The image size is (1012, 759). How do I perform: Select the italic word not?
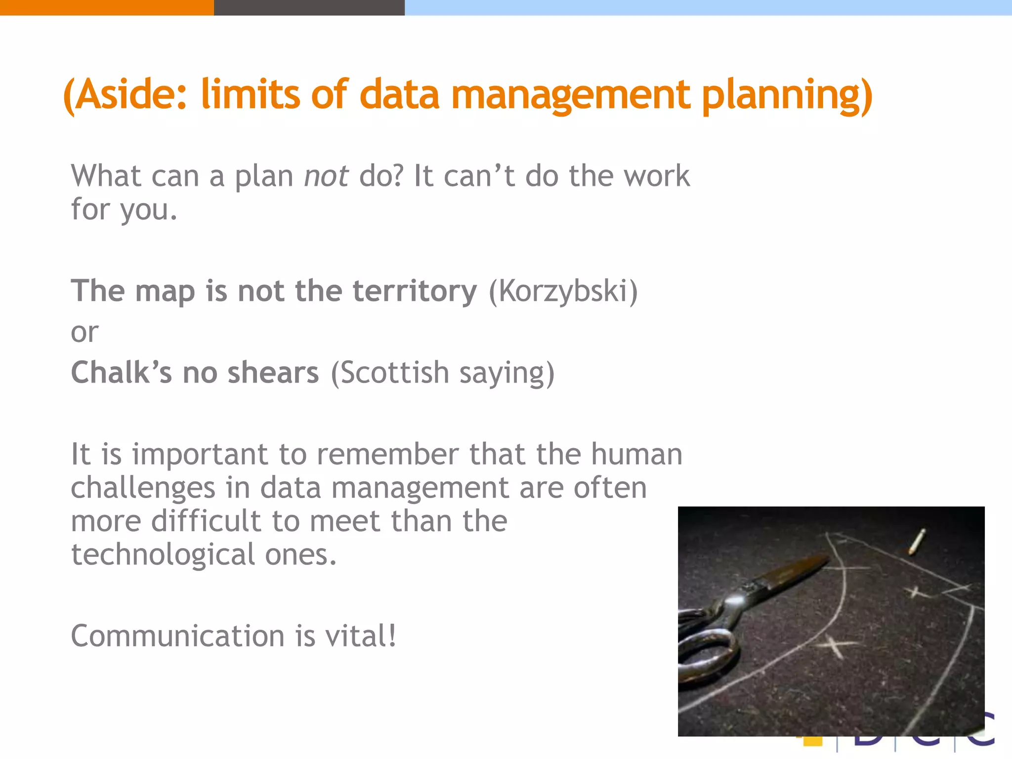click(x=326, y=176)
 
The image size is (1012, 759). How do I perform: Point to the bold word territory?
click(x=415, y=291)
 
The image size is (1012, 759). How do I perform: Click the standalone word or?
click(x=84, y=333)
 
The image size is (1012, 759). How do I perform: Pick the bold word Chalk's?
click(x=121, y=373)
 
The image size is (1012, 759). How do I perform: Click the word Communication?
click(x=177, y=636)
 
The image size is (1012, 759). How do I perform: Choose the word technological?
click(x=163, y=555)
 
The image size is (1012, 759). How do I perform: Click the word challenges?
click(x=143, y=488)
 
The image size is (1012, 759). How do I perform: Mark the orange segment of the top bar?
click(x=106, y=7)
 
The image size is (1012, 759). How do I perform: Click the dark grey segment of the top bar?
click(x=309, y=7)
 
